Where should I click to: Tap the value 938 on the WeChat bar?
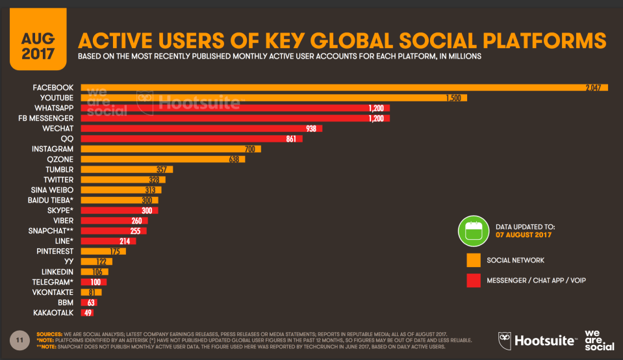click(x=311, y=129)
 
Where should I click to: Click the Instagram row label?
click(x=52, y=149)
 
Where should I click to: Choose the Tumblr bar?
click(x=127, y=170)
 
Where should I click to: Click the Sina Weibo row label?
click(x=51, y=190)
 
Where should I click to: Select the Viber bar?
click(x=114, y=220)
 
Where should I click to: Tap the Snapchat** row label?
click(x=50, y=231)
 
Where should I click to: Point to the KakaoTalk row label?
click(x=54, y=313)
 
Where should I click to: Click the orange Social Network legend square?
click(x=474, y=260)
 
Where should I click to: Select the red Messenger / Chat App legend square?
click(x=474, y=280)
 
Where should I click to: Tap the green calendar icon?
click(x=472, y=231)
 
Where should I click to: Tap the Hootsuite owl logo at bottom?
click(x=505, y=339)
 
